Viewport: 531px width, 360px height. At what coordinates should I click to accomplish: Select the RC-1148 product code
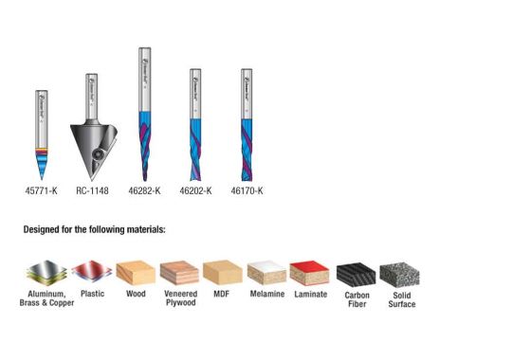coord(92,190)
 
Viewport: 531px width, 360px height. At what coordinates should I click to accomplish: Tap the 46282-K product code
coord(144,190)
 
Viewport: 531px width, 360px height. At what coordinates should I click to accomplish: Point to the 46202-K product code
coord(195,190)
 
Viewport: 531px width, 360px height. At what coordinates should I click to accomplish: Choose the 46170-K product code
coord(247,190)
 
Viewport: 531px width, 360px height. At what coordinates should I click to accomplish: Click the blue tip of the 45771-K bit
coord(43,166)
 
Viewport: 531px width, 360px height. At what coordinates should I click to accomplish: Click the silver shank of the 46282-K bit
coord(144,76)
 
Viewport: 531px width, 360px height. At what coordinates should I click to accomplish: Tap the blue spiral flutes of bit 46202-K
coord(195,152)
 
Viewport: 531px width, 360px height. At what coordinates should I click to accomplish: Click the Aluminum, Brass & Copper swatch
coord(46,274)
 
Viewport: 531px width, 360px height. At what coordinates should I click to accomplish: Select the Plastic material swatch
coord(92,274)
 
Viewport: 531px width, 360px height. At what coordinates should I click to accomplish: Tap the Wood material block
coord(136,274)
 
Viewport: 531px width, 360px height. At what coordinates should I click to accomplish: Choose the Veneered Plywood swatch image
coord(179,274)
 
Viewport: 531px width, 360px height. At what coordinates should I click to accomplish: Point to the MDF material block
coord(223,274)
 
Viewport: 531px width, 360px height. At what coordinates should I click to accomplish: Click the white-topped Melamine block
coord(266,274)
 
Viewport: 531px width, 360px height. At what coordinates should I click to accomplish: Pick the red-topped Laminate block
coord(310,274)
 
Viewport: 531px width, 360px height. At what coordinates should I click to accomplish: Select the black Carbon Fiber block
coord(357,274)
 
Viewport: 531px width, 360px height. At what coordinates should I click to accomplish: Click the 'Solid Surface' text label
coord(401,299)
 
